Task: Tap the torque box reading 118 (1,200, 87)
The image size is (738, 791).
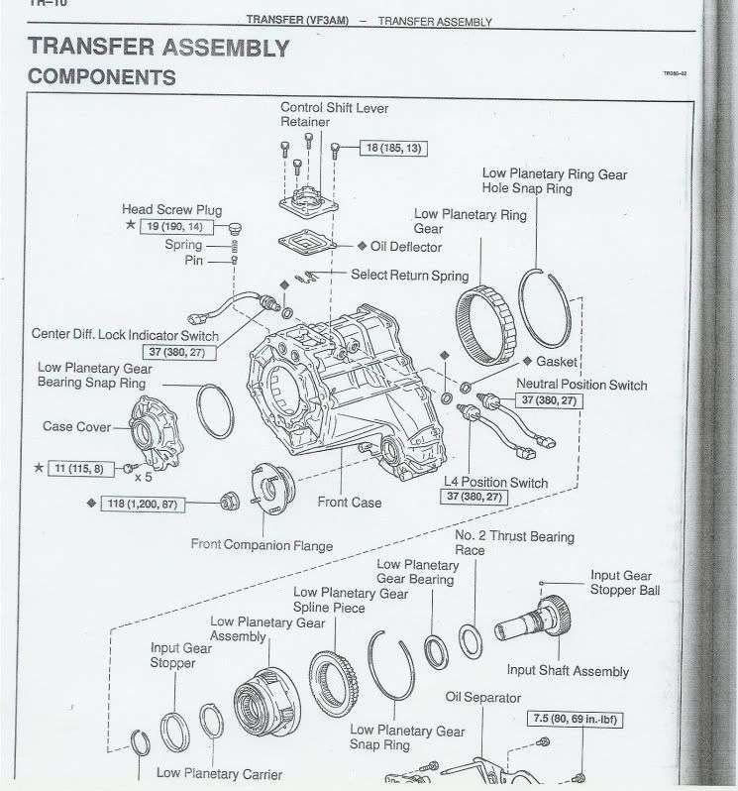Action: [x=146, y=504]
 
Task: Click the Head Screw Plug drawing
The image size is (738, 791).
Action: [x=236, y=228]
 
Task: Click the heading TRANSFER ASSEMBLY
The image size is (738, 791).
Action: [x=158, y=47]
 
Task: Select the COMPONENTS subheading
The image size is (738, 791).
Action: [x=102, y=76]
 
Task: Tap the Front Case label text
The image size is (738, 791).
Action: [x=349, y=503]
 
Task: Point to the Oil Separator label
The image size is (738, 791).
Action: [x=483, y=698]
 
